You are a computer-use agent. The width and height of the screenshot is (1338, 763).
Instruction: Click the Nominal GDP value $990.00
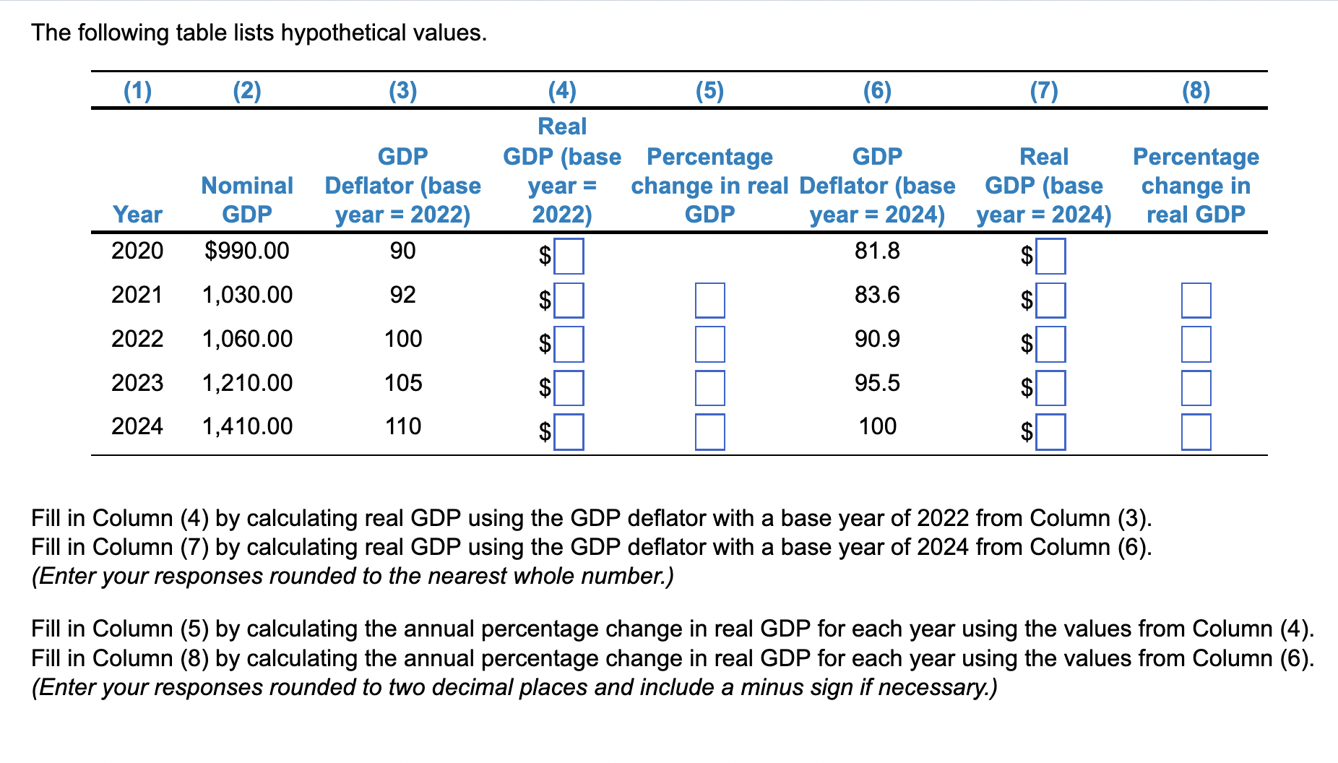[x=246, y=251]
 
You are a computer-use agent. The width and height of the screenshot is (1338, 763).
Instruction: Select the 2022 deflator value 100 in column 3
[x=402, y=339]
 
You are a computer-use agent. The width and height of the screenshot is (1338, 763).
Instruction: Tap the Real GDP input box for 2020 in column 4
[x=569, y=257]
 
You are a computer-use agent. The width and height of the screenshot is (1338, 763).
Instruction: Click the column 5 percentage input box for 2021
[x=709, y=301]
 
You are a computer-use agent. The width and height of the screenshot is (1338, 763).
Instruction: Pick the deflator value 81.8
[x=877, y=251]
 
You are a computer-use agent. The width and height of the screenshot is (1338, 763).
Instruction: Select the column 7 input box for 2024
[x=1050, y=432]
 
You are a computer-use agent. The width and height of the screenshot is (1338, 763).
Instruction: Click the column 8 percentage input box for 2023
[x=1196, y=388]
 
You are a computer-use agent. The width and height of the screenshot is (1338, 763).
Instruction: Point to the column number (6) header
[x=877, y=90]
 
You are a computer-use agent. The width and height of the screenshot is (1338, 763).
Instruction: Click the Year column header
[x=137, y=215]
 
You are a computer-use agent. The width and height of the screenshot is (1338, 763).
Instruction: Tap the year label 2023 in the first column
[x=137, y=383]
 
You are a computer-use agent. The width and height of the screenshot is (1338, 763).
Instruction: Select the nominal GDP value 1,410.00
[x=247, y=426]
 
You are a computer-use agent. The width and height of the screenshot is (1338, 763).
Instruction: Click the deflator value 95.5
[x=877, y=383]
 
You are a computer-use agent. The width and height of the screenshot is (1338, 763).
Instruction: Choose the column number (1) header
[x=137, y=90]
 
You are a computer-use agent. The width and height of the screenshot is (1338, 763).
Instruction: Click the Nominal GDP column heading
[x=247, y=200]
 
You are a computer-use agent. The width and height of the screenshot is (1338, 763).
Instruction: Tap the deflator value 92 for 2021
[x=402, y=295]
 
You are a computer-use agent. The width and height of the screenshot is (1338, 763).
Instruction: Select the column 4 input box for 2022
[x=569, y=344]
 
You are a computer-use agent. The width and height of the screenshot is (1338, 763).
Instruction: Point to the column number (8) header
[x=1196, y=90]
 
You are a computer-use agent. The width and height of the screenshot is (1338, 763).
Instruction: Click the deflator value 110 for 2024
[x=402, y=426]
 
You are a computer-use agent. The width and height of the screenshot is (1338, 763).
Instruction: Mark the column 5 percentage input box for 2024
[x=709, y=432]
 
